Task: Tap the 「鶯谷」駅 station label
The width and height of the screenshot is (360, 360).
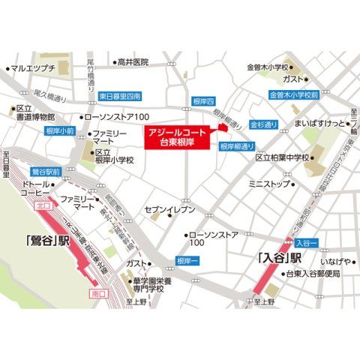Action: [x=46, y=241]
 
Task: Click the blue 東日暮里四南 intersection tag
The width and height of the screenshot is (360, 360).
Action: [x=120, y=97]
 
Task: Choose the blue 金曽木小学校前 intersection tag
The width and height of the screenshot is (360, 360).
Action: [x=295, y=95]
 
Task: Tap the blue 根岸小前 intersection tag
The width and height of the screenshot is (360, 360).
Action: [x=60, y=130]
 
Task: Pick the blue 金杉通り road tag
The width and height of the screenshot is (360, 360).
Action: [x=264, y=124]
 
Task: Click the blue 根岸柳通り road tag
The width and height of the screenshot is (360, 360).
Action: [x=240, y=147]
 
